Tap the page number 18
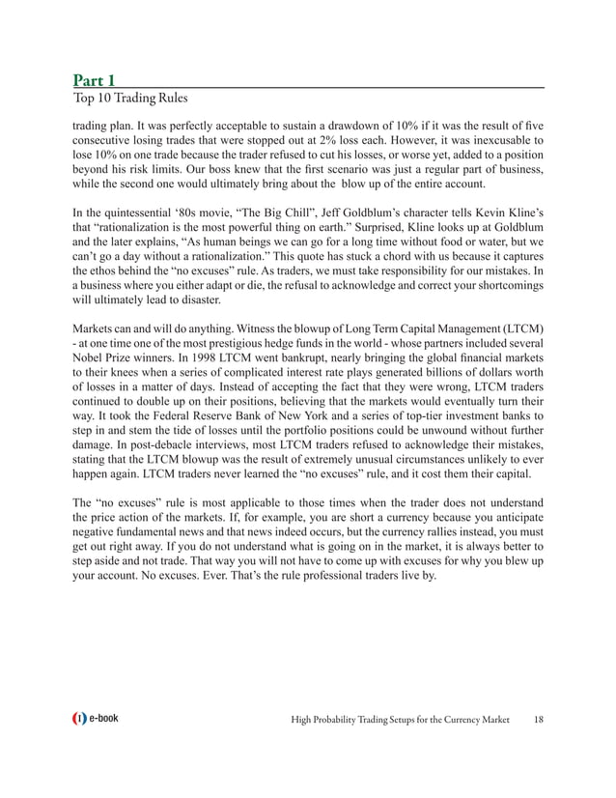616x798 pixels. tap(538, 719)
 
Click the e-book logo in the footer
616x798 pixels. tap(95, 719)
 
